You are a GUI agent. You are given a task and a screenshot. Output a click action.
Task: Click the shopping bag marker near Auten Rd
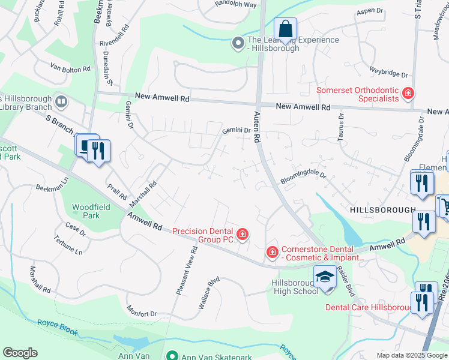(x=286, y=29)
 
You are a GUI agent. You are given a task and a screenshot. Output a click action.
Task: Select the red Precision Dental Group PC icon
(x=242, y=234)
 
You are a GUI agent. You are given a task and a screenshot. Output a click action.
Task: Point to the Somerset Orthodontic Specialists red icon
(x=408, y=93)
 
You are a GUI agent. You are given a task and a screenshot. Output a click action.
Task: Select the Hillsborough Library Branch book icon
(x=60, y=101)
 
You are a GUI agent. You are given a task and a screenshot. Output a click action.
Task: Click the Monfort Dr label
(x=141, y=311)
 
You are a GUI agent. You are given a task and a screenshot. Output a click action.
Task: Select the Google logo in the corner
(x=20, y=353)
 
